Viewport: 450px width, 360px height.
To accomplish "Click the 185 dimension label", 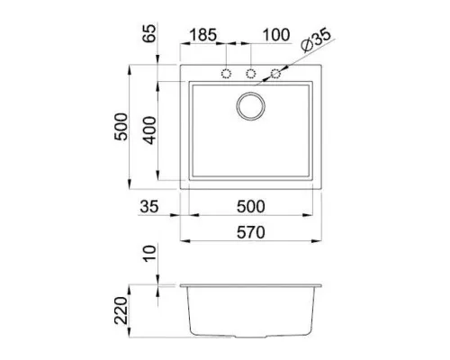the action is click(x=203, y=35).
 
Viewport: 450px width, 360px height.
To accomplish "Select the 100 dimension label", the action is click(x=276, y=35).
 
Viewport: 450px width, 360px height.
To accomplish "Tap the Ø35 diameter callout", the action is click(x=316, y=40).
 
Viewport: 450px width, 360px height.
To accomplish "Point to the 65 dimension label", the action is click(x=149, y=33).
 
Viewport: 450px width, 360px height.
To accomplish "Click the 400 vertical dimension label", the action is click(x=149, y=130).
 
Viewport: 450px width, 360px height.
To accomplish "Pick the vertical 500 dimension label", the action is click(x=121, y=127).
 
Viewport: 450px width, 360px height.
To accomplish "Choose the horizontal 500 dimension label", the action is click(x=251, y=206).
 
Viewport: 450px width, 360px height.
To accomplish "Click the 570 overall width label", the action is click(x=251, y=232).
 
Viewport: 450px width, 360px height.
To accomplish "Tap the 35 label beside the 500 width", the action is click(x=149, y=206).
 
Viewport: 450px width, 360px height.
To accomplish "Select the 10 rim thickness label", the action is click(x=149, y=254).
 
